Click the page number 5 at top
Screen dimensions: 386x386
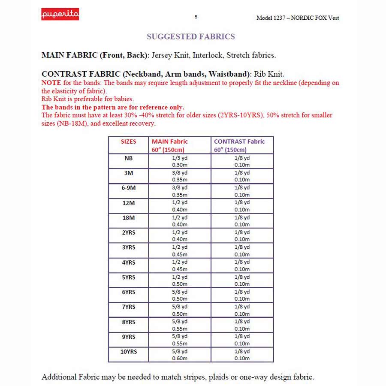196,17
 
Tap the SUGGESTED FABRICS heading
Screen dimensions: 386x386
191,37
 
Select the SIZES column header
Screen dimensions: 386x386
128,142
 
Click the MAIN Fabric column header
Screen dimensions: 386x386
170,142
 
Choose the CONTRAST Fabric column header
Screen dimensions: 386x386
239,142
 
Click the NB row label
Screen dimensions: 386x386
128,158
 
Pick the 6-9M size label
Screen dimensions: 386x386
128,187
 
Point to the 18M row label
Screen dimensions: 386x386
128,217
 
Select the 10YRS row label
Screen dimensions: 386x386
128,351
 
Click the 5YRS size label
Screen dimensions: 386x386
128,277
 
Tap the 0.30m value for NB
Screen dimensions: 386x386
180,165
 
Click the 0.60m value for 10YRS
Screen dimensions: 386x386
180,359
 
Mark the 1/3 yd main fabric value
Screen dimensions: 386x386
180,158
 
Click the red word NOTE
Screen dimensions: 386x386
51,83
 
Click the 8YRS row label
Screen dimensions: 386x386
128,322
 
